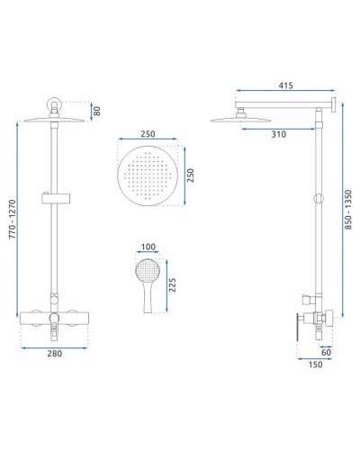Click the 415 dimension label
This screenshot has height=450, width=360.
(x=285, y=85)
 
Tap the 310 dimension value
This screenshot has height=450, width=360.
(x=279, y=134)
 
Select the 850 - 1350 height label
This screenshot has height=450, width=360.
(x=348, y=210)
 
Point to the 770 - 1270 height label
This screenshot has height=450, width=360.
(x=13, y=220)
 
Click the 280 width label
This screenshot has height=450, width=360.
(x=55, y=354)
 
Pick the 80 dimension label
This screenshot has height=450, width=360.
(x=97, y=111)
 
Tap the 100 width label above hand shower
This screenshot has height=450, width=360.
(x=148, y=247)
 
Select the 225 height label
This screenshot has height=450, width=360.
(x=172, y=285)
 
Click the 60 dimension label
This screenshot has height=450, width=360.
(x=326, y=352)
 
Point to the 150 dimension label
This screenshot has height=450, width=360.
(x=315, y=364)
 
